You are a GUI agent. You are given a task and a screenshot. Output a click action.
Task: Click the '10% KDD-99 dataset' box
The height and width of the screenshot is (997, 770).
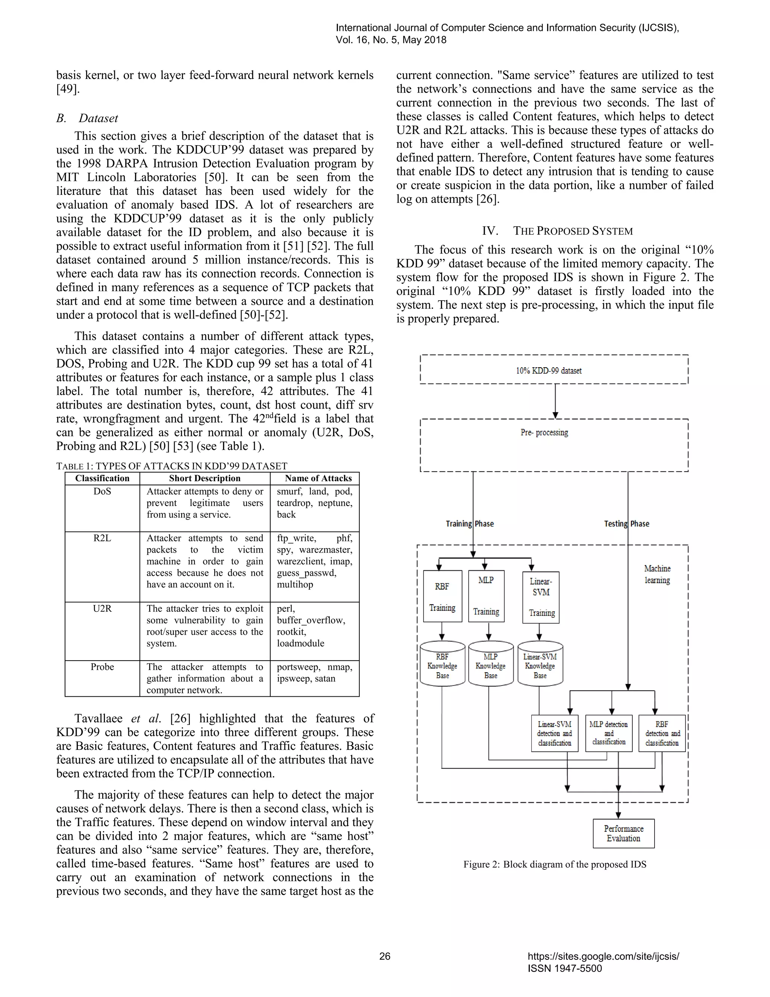pyautogui.click(x=553, y=370)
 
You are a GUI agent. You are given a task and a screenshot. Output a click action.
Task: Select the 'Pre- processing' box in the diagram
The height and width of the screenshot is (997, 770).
pyautogui.click(x=553, y=445)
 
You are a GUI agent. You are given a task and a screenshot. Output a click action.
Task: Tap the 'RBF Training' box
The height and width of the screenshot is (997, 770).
pyautogui.click(x=442, y=596)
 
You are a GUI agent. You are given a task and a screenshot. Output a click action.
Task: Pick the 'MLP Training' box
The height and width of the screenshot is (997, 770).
pyautogui.click(x=486, y=596)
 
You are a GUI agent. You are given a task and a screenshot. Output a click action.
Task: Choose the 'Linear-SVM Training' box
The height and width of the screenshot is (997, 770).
pyautogui.click(x=541, y=597)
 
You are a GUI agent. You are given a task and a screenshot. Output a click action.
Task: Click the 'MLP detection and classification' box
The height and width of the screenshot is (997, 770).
pyautogui.click(x=609, y=733)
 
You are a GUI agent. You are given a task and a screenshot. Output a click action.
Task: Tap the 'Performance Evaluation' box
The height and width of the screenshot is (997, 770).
pyautogui.click(x=624, y=833)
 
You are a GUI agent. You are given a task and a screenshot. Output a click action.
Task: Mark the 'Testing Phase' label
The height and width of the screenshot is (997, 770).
pyautogui.click(x=626, y=524)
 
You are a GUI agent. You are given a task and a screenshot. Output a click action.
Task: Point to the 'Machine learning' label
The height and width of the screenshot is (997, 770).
pyautogui.click(x=657, y=574)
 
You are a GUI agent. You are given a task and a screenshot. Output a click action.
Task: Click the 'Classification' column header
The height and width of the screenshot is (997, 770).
pyautogui.click(x=102, y=479)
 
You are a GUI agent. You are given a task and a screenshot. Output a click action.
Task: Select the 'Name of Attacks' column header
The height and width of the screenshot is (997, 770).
pyautogui.click(x=318, y=479)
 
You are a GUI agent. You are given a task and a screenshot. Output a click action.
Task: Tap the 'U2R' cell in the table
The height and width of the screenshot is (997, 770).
pyautogui.click(x=102, y=608)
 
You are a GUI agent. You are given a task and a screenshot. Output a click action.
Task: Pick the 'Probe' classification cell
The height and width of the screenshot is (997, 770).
pyautogui.click(x=102, y=667)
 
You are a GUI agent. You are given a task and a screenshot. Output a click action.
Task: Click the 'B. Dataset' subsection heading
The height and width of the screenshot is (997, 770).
pyautogui.click(x=87, y=118)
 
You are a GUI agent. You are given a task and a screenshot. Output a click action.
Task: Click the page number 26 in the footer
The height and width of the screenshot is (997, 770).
pyautogui.click(x=385, y=956)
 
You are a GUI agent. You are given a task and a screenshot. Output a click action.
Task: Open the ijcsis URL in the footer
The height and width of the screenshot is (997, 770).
pyautogui.click(x=603, y=956)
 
